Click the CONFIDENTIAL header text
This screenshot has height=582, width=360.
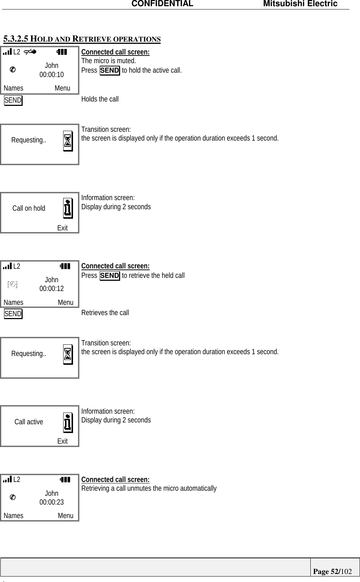coord(162,4)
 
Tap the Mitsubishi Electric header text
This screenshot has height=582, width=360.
coord(300,4)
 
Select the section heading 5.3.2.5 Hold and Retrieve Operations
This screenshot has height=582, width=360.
coord(82,39)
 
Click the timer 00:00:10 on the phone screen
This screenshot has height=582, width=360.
coord(51,74)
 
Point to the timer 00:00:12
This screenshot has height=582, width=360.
coord(51,288)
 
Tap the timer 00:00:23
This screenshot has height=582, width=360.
coord(51,502)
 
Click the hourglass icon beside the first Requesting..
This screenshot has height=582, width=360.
coord(68,141)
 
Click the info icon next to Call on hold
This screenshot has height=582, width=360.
coord(68,208)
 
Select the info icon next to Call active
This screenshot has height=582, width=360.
coord(68,422)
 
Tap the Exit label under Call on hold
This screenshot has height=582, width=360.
coord(62,228)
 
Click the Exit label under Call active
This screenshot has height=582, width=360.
coord(62,441)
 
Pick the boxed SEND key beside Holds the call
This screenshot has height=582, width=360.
coord(13,100)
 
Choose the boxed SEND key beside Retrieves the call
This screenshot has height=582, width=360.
coord(13,314)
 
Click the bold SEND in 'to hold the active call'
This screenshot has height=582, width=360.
coord(110,70)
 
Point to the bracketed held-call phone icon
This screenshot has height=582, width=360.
coord(12,284)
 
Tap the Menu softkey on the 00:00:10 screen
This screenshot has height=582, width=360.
coord(62,88)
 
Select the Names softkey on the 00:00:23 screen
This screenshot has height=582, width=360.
coord(14,516)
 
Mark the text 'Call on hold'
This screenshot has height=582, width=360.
coord(29,208)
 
